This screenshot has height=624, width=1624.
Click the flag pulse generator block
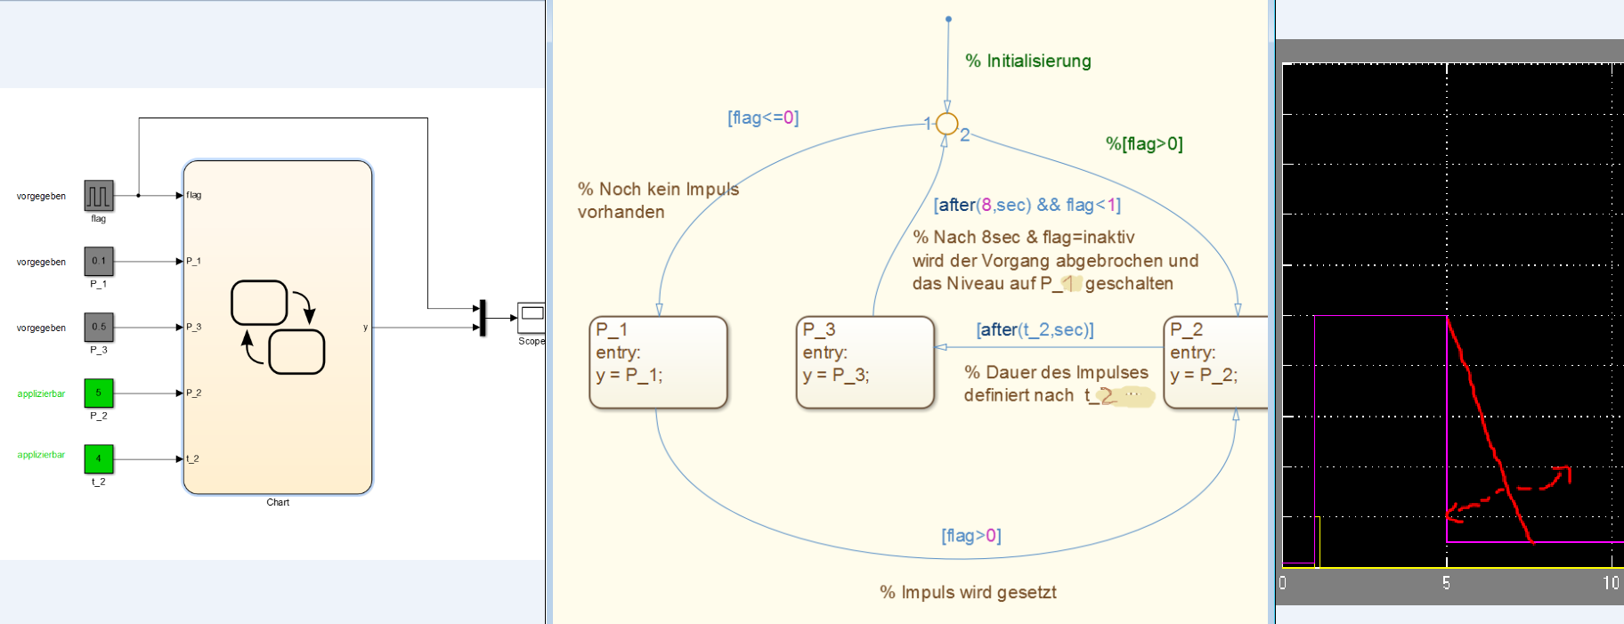pos(99,195)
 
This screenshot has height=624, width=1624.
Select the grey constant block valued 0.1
pos(99,261)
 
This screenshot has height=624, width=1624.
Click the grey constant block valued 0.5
pos(99,327)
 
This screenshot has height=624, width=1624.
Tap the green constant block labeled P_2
pos(99,393)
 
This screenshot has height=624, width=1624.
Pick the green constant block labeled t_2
pos(99,458)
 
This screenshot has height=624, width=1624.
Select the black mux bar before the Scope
pos(483,318)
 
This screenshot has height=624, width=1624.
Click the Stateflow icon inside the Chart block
pos(278,327)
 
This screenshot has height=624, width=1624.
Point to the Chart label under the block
pos(278,502)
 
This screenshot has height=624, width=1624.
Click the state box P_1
pos(658,362)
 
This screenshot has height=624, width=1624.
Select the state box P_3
pos(865,362)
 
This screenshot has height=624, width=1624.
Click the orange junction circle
pos(947,124)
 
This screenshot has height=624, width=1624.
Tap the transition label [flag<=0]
pos(763,118)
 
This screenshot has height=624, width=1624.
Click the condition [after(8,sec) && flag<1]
pos(1027,205)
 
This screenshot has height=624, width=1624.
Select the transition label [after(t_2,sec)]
pos(1035,329)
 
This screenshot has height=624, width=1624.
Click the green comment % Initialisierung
pos(1027,61)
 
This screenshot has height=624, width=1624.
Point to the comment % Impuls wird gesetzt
pos(968,592)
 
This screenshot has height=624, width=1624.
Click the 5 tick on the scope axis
pos(1446,583)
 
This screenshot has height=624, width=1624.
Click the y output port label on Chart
pos(365,328)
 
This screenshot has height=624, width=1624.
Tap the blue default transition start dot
pos(948,19)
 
